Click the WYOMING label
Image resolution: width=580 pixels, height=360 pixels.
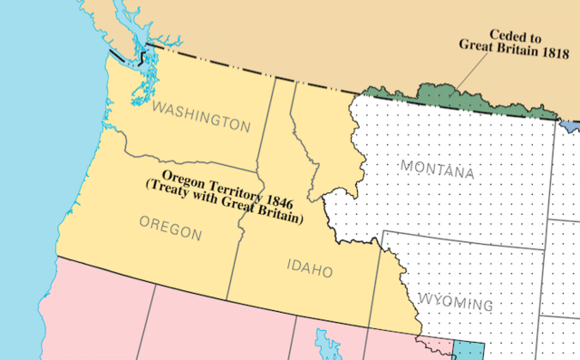(x=456, y=304)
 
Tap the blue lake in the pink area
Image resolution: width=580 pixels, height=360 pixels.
(x=323, y=344)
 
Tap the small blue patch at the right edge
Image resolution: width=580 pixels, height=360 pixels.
(x=569, y=124)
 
